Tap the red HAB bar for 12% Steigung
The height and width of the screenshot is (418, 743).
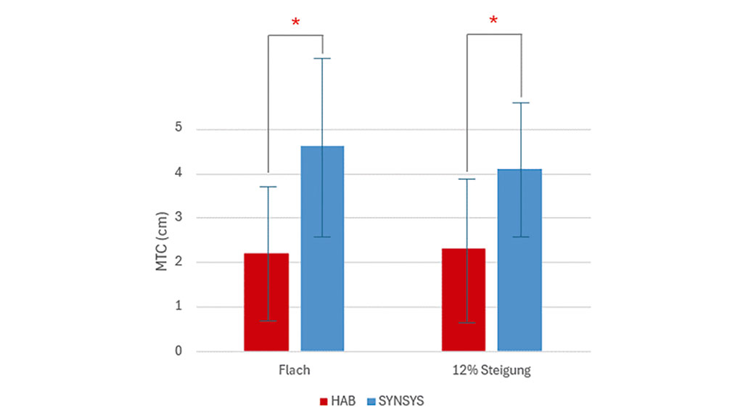pos(464,300)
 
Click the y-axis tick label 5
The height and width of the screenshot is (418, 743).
pos(178,129)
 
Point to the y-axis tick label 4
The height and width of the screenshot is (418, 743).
pos(178,174)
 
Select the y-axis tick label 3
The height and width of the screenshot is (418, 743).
pos(178,218)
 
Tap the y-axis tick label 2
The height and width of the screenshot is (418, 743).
pos(178,263)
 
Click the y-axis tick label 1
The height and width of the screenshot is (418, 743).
pos(178,307)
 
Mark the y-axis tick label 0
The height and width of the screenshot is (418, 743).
pos(178,351)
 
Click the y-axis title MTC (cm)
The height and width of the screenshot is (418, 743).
pos(162,241)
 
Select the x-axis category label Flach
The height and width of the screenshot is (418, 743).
pos(294,370)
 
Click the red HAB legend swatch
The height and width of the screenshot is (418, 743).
pos(323,401)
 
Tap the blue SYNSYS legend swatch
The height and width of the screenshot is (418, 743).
pos(371,401)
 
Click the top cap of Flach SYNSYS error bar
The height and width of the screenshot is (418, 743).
pos(322,58)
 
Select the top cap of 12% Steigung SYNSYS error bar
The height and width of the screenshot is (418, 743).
pos(520,103)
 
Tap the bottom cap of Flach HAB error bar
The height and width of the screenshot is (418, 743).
pos(268,321)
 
